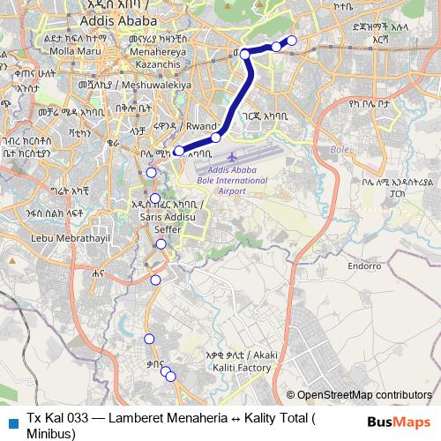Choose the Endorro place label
click(x=363, y=265)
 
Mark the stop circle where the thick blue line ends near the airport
click(x=179, y=151)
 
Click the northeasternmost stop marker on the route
click(x=292, y=41)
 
